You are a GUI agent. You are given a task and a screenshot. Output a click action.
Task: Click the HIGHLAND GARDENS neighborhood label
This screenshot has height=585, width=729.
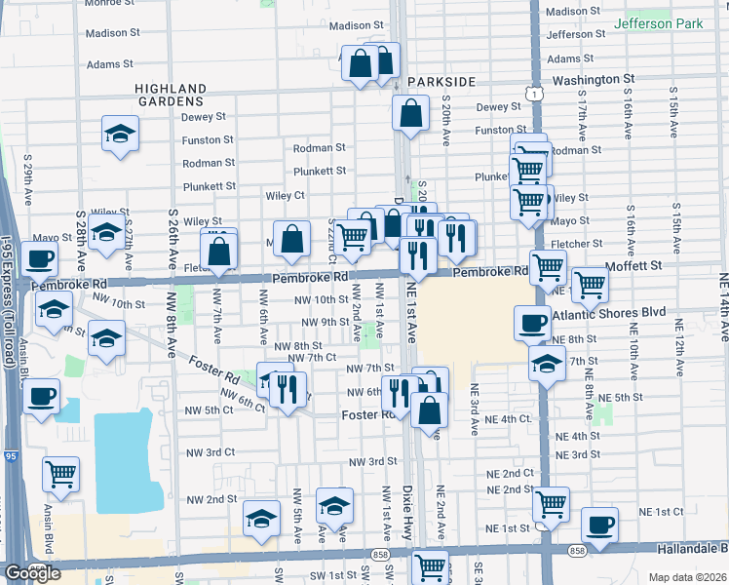point(171,94)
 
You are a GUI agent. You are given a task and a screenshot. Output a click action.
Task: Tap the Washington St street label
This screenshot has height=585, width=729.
point(594,79)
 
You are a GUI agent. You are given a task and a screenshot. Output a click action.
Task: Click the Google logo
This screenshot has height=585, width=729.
point(32,572)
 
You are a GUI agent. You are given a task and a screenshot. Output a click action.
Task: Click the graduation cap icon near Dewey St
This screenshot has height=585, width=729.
point(121,134)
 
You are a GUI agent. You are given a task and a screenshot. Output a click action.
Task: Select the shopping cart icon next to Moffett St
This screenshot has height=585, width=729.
point(590,284)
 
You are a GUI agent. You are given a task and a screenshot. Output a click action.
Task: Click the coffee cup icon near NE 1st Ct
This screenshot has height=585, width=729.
point(598,524)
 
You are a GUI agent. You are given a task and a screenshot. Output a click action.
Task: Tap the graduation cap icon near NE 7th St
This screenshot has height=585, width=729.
point(547,364)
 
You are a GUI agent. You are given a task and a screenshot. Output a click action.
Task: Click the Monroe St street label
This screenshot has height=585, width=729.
point(108,4)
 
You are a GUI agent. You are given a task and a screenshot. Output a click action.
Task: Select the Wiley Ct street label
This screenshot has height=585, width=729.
point(286,195)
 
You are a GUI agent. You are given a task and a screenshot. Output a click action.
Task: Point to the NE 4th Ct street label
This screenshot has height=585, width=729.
point(511,418)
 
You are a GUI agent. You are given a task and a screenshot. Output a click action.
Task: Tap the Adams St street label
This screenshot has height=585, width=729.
point(110,64)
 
